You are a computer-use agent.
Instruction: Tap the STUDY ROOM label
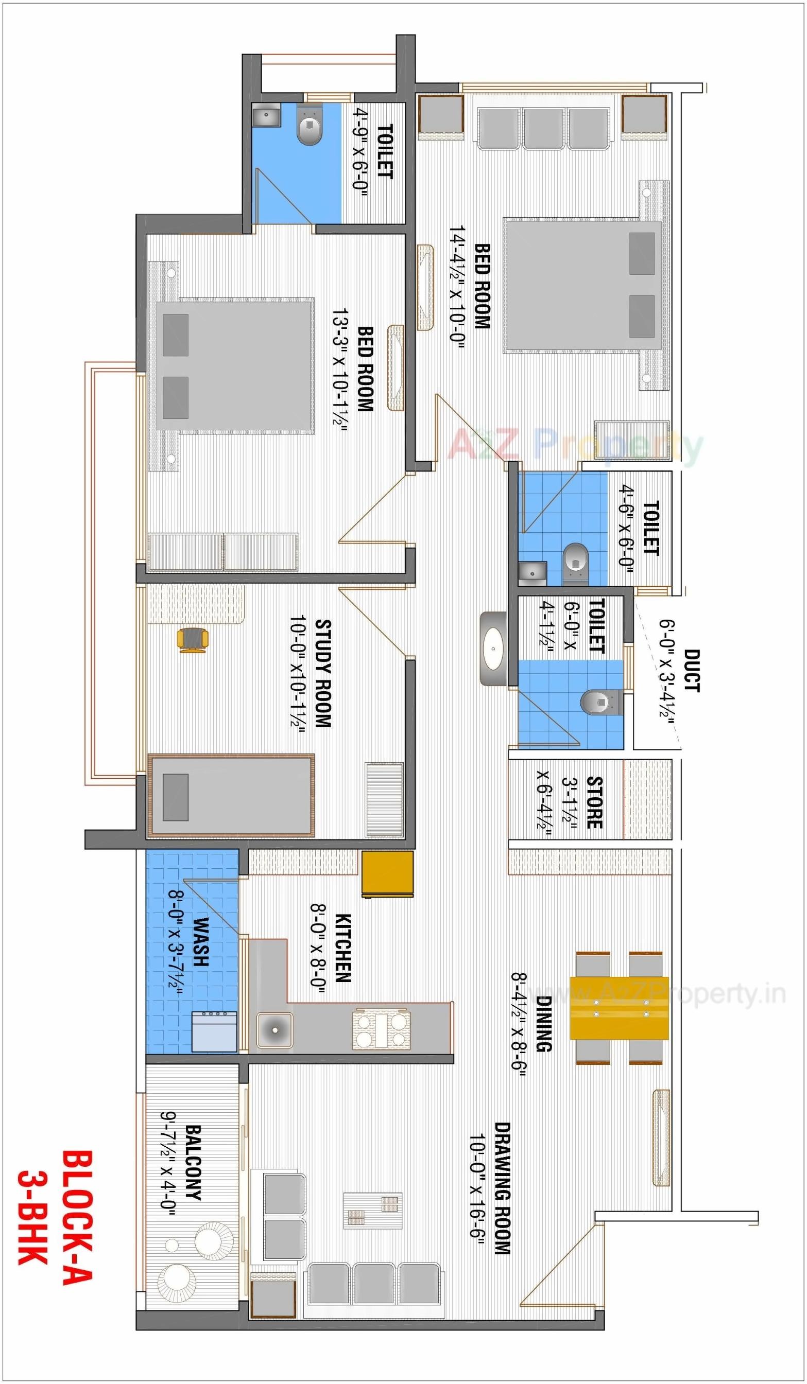[x=323, y=673]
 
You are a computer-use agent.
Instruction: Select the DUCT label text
[x=692, y=671]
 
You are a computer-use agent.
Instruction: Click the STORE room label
[x=594, y=802]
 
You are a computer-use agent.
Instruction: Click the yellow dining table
[x=619, y=1008]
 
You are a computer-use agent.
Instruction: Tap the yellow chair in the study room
[x=193, y=640]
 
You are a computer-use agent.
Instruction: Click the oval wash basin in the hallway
[x=493, y=649]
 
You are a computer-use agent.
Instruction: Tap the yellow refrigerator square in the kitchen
[x=387, y=874]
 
